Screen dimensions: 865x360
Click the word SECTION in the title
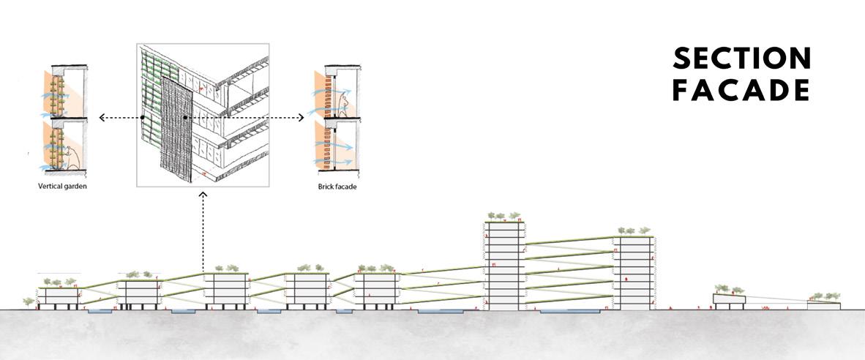click(x=741, y=59)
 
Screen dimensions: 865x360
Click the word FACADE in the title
click(x=741, y=91)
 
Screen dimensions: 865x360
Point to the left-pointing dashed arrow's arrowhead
click(x=102, y=117)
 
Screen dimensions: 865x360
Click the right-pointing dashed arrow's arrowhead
click(x=301, y=117)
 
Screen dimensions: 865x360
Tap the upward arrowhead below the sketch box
click(x=203, y=195)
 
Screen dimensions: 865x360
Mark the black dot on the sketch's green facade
click(x=143, y=117)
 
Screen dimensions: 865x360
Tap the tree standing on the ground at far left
click(x=29, y=301)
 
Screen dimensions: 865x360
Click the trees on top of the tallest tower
click(x=503, y=216)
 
